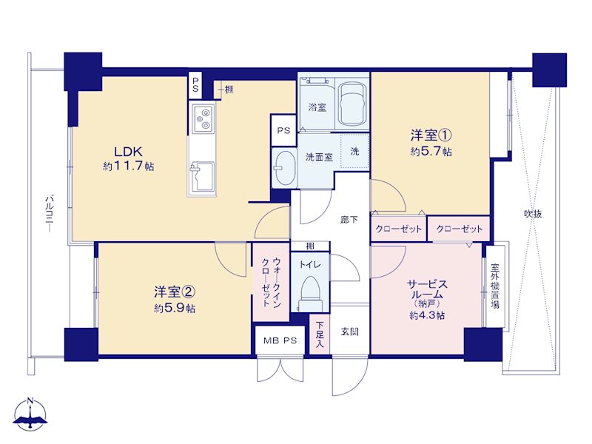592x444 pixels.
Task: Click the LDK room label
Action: [x=128, y=152]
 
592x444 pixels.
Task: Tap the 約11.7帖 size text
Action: [x=128, y=166]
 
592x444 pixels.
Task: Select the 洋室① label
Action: [x=431, y=135]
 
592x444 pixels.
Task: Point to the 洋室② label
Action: [x=175, y=292]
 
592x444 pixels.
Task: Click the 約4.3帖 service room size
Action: [x=427, y=315]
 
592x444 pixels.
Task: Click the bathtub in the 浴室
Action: [x=352, y=104]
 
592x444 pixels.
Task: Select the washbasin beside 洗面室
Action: [x=284, y=168]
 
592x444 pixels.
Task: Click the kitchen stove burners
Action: [x=203, y=118]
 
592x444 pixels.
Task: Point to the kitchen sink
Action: [x=202, y=177]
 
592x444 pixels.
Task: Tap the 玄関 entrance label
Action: [x=349, y=332]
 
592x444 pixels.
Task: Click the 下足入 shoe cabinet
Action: [x=320, y=334]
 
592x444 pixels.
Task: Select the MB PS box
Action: [x=280, y=340]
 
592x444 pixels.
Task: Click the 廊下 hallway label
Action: [x=349, y=219]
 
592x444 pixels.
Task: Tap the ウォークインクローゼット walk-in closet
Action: [x=271, y=282]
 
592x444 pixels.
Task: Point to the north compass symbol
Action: [x=30, y=414]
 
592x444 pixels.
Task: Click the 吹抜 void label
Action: [x=533, y=214]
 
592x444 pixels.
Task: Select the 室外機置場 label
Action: [x=495, y=286]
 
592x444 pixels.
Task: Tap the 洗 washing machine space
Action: [x=354, y=152]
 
